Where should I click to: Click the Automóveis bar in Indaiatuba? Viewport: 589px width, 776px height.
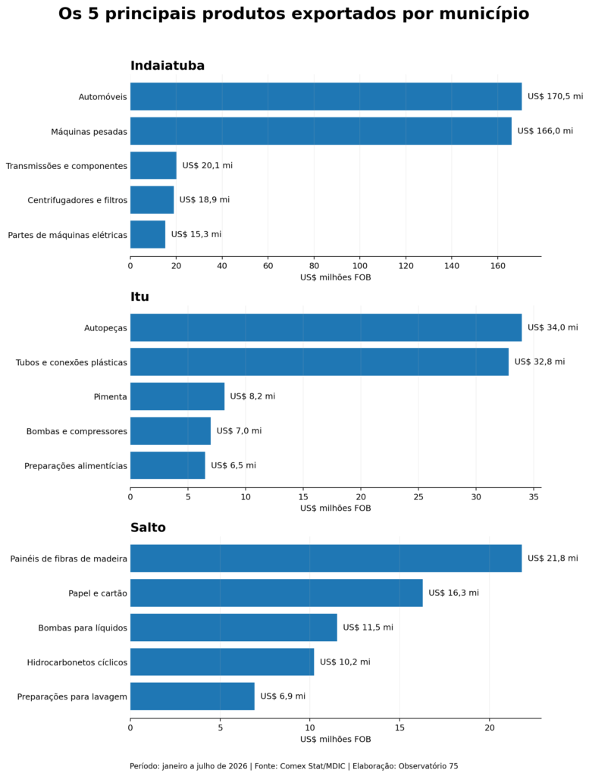pyautogui.click(x=326, y=96)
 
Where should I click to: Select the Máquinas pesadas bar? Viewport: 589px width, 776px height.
pyautogui.click(x=321, y=131)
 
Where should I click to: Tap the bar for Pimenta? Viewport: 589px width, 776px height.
pyautogui.click(x=177, y=396)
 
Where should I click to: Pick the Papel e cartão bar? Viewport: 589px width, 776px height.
pyautogui.click(x=276, y=593)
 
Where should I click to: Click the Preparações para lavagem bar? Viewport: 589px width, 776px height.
pyautogui.click(x=192, y=696)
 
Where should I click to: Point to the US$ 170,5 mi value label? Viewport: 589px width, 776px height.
pyautogui.click(x=555, y=96)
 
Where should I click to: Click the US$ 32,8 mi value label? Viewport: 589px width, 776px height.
pyautogui.click(x=540, y=361)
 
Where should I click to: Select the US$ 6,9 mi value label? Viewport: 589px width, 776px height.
pyautogui.click(x=283, y=696)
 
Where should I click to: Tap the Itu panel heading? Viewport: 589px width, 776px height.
pyautogui.click(x=139, y=296)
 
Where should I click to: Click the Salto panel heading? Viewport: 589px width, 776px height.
pyautogui.click(x=148, y=527)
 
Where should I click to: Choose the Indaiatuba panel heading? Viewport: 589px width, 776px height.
pyautogui.click(x=168, y=66)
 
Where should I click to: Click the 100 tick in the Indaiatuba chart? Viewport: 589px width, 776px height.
pyautogui.click(x=360, y=266)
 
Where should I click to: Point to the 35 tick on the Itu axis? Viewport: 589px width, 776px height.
pyautogui.click(x=534, y=497)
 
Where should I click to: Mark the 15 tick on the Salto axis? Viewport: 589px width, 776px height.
pyautogui.click(x=399, y=727)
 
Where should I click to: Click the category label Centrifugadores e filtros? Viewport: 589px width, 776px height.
pyautogui.click(x=77, y=200)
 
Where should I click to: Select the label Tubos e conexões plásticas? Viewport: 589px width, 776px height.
pyautogui.click(x=71, y=362)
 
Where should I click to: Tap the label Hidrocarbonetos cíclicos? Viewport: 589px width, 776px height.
pyautogui.click(x=77, y=662)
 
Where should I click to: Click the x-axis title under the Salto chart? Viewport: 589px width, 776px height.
pyautogui.click(x=336, y=739)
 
